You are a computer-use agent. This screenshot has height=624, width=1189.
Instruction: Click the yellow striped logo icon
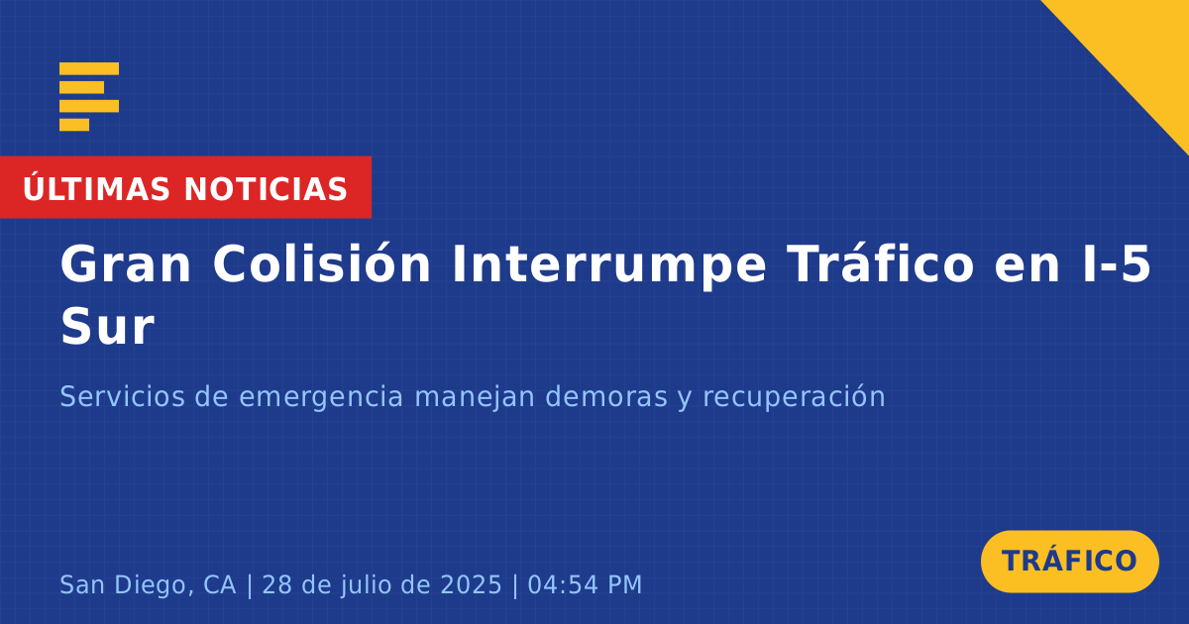point(89,97)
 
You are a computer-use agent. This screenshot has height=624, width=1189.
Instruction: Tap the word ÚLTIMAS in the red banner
point(96,188)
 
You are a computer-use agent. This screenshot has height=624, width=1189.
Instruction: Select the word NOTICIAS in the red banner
point(266,189)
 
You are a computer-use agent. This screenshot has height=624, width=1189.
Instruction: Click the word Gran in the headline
point(125,264)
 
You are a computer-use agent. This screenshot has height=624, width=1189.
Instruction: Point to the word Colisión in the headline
point(322,262)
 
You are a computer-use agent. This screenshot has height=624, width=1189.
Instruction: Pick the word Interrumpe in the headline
point(608,266)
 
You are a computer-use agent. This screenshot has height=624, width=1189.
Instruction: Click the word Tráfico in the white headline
point(881,262)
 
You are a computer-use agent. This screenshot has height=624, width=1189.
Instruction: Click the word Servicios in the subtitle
point(123,396)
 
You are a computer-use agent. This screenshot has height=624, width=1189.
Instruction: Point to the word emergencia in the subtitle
point(321,398)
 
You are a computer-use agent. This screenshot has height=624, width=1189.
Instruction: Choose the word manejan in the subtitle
point(475,398)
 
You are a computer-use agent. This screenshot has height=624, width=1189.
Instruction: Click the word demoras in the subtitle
point(606,396)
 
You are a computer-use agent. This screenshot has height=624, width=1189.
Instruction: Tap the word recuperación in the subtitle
point(794,398)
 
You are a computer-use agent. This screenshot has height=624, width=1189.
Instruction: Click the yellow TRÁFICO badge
point(1069,561)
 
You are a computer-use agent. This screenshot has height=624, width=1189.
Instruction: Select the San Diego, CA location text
point(148,584)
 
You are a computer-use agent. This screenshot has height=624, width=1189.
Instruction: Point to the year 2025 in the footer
point(472,584)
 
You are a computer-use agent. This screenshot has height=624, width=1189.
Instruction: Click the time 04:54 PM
point(585,584)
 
